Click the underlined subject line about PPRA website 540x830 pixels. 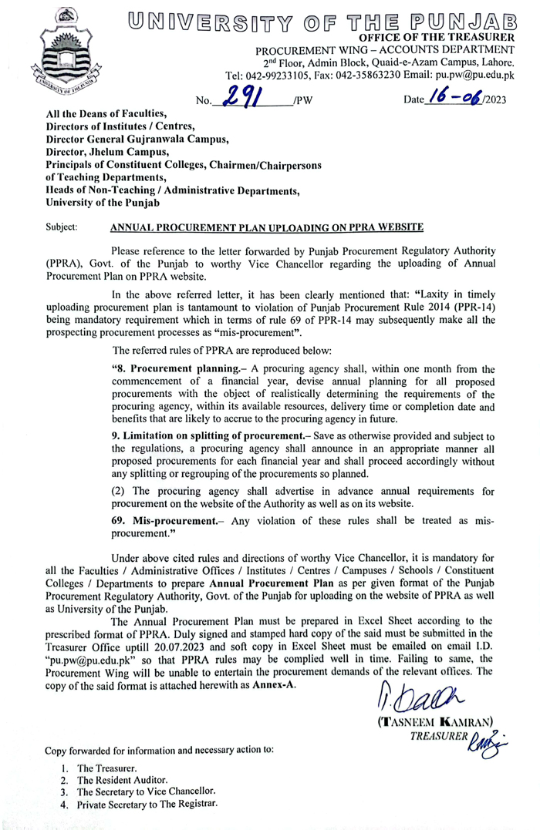point(267,227)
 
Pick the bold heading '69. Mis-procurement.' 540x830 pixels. point(160,520)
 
